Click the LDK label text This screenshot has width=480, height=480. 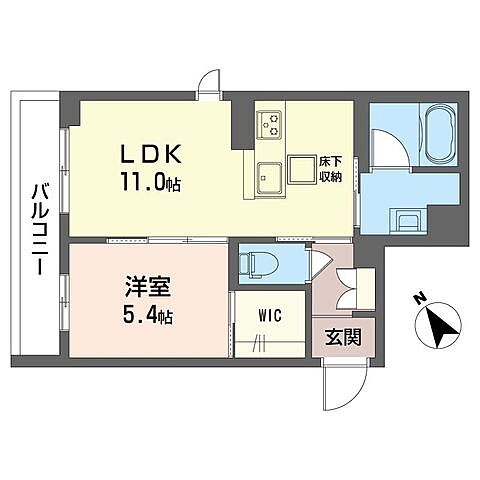click(151, 154)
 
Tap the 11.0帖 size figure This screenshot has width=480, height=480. click(151, 183)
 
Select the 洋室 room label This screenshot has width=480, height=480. click(148, 287)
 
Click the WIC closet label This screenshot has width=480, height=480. click(270, 315)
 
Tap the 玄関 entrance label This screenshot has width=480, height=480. click(343, 337)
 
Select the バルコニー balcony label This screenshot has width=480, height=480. click(41, 230)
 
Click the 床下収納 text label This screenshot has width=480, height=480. click(331, 169)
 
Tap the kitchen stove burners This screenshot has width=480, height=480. click(268, 124)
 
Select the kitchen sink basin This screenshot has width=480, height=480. click(269, 178)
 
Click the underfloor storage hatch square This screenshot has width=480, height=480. click(302, 169)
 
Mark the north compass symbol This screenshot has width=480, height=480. click(439, 325)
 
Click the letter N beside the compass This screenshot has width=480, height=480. click(420, 298)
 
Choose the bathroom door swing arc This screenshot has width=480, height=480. click(390, 148)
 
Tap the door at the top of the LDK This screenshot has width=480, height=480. click(209, 84)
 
